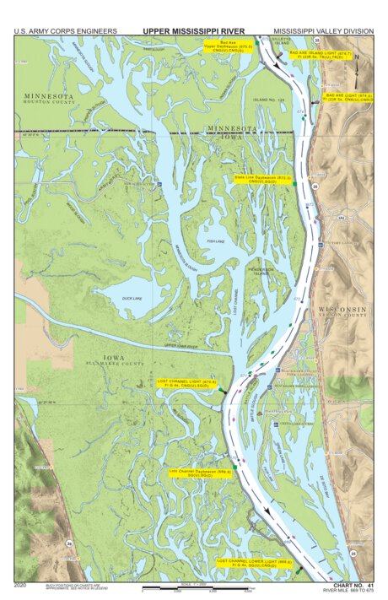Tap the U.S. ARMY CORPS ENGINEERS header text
(x=65, y=31)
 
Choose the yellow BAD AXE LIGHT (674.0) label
(x=348, y=98)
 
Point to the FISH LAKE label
(x=216, y=241)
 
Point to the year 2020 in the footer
(x=21, y=584)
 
